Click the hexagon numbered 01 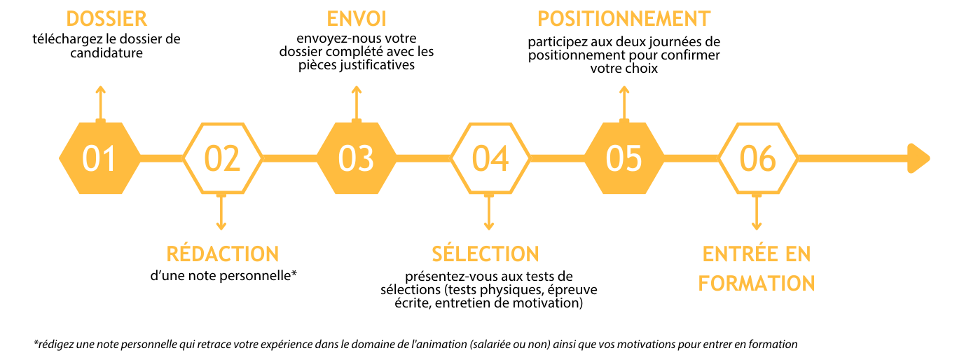[x=99, y=158]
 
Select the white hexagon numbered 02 [x=222, y=158]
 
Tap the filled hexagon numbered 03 [x=356, y=158]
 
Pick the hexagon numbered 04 [x=490, y=158]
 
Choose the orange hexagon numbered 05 [x=624, y=158]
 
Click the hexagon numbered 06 [x=757, y=158]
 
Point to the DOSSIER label [x=106, y=20]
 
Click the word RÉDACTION [x=222, y=254]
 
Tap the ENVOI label [x=357, y=20]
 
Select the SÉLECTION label [x=486, y=254]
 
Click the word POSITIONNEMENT [x=624, y=20]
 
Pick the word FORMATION [x=757, y=284]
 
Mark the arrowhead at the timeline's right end [x=918, y=158]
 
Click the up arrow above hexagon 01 [x=100, y=102]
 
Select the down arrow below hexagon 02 [x=221, y=212]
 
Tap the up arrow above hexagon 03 [x=357, y=102]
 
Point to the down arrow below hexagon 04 [x=489, y=212]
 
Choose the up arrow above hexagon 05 [x=624, y=102]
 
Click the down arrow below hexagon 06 [x=757, y=212]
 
